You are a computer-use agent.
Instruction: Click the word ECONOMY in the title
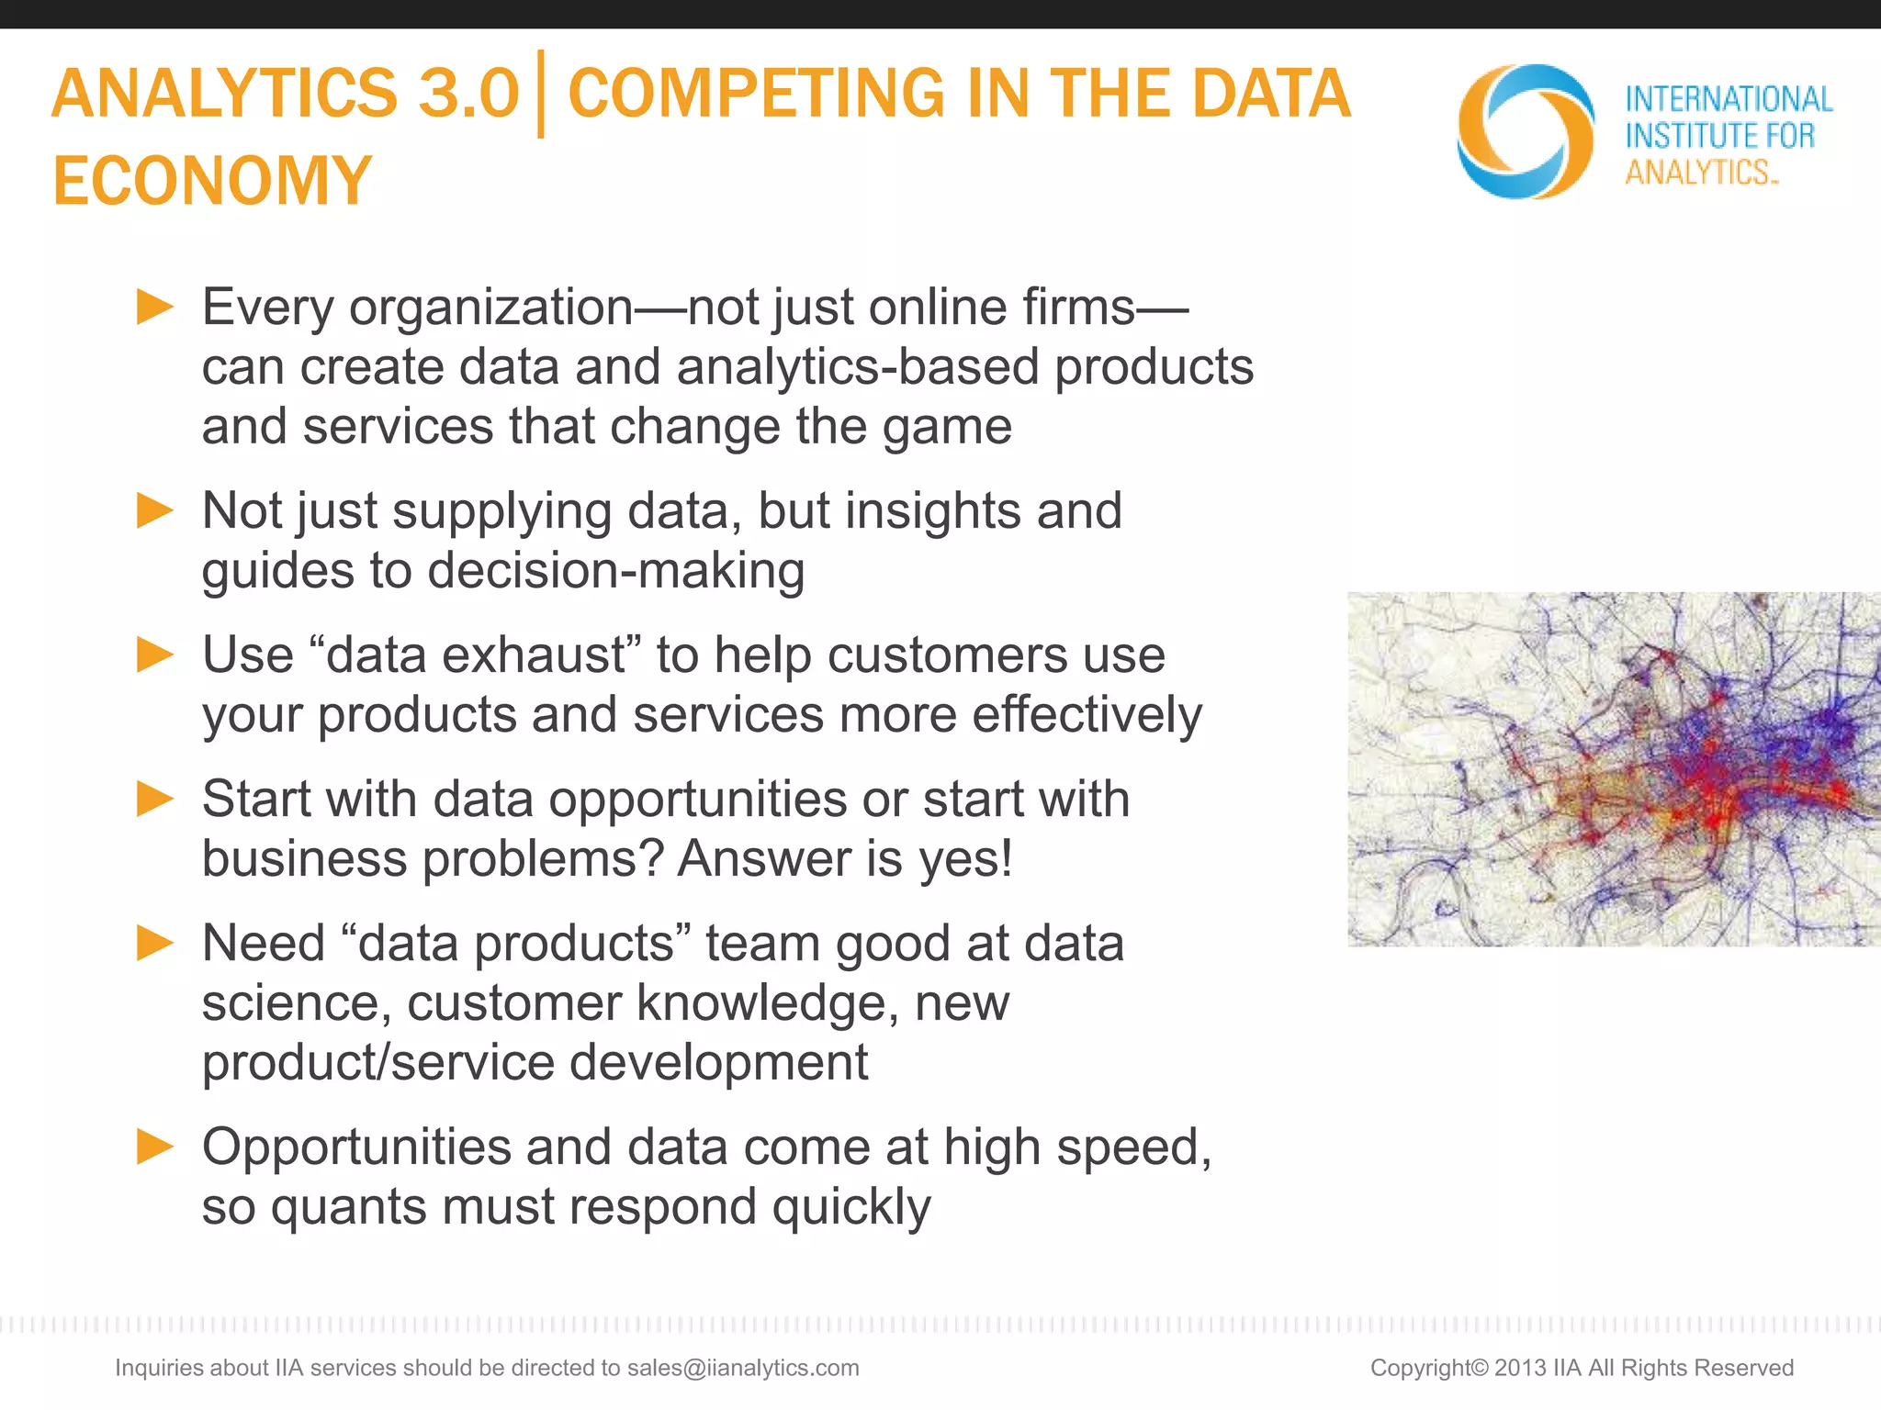[212, 180]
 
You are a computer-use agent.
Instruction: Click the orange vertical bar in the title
[541, 94]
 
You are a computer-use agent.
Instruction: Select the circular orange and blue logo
[1526, 131]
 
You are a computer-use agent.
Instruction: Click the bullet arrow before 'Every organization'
[155, 307]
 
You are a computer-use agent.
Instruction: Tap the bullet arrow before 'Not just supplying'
[155, 510]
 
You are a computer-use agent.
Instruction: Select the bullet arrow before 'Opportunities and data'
[155, 1147]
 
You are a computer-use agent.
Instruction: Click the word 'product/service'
[377, 1062]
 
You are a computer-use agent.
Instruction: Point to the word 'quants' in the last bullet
[349, 1207]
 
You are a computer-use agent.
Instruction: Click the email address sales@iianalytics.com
[743, 1368]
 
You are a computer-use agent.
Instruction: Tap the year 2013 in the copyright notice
[1520, 1368]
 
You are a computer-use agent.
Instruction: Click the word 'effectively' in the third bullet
[1087, 715]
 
